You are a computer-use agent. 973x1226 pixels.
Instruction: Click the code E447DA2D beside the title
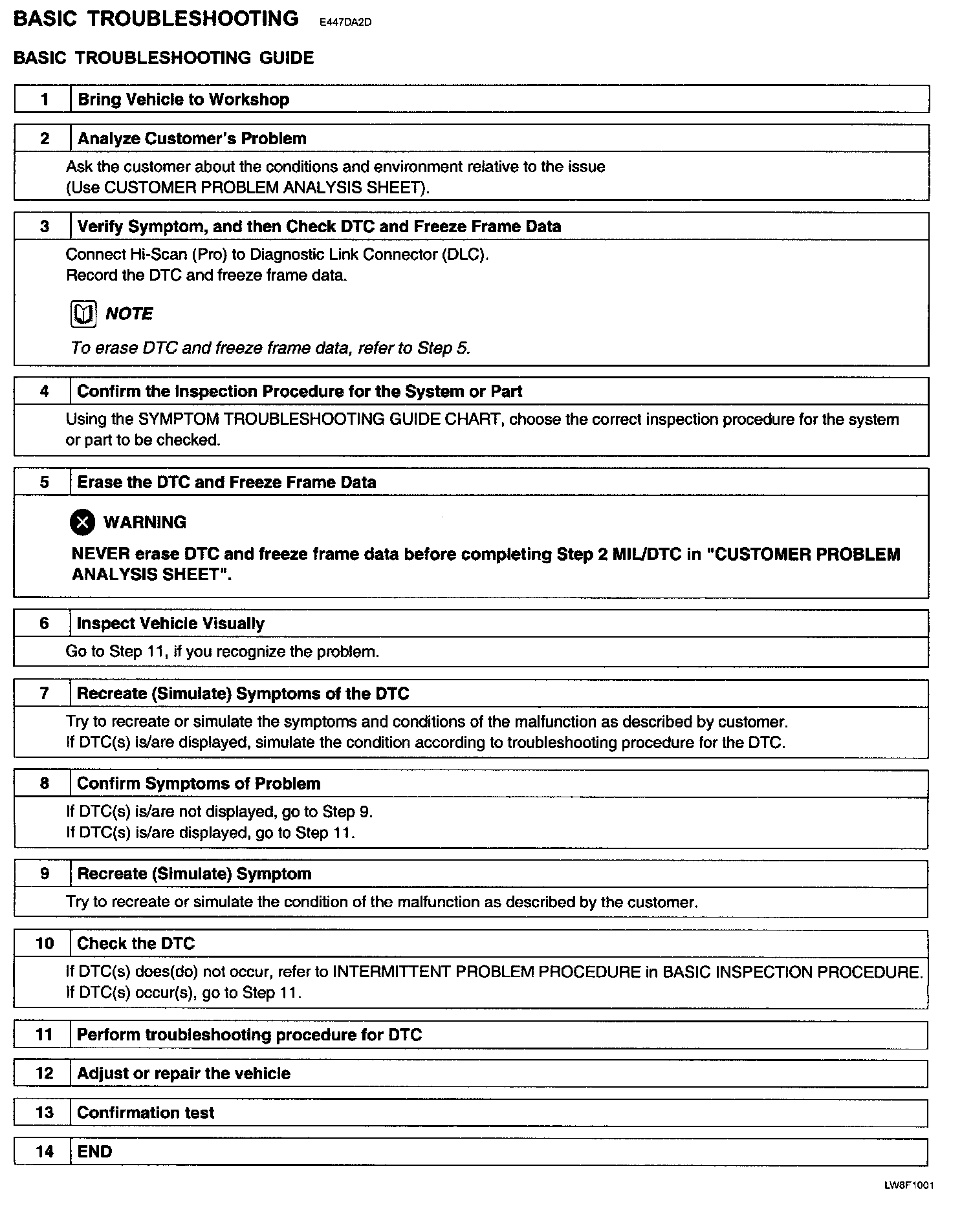(x=345, y=23)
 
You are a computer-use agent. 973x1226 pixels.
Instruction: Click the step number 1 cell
(x=44, y=100)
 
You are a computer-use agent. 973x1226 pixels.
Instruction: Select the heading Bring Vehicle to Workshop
(x=183, y=100)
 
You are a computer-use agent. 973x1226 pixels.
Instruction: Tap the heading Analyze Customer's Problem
(x=191, y=138)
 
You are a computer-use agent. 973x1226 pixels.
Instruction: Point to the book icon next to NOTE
(x=83, y=314)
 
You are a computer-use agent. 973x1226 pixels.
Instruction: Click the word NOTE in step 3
(x=129, y=314)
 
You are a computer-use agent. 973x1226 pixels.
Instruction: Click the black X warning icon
(x=82, y=522)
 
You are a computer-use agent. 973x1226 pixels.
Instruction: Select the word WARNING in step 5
(x=145, y=522)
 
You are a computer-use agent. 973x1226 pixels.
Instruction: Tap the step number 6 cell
(x=44, y=623)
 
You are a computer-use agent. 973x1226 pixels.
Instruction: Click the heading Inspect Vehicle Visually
(x=170, y=623)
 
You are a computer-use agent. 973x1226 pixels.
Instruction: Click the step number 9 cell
(x=44, y=874)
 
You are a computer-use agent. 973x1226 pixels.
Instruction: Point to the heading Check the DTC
(x=136, y=944)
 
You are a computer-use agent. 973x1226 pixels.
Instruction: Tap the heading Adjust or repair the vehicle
(x=183, y=1074)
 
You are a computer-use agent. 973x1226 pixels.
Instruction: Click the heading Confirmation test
(x=146, y=1113)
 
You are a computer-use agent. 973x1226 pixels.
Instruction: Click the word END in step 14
(x=94, y=1152)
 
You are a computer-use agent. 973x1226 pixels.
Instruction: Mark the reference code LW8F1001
(x=908, y=1186)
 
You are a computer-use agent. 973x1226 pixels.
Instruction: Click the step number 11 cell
(x=44, y=1035)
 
